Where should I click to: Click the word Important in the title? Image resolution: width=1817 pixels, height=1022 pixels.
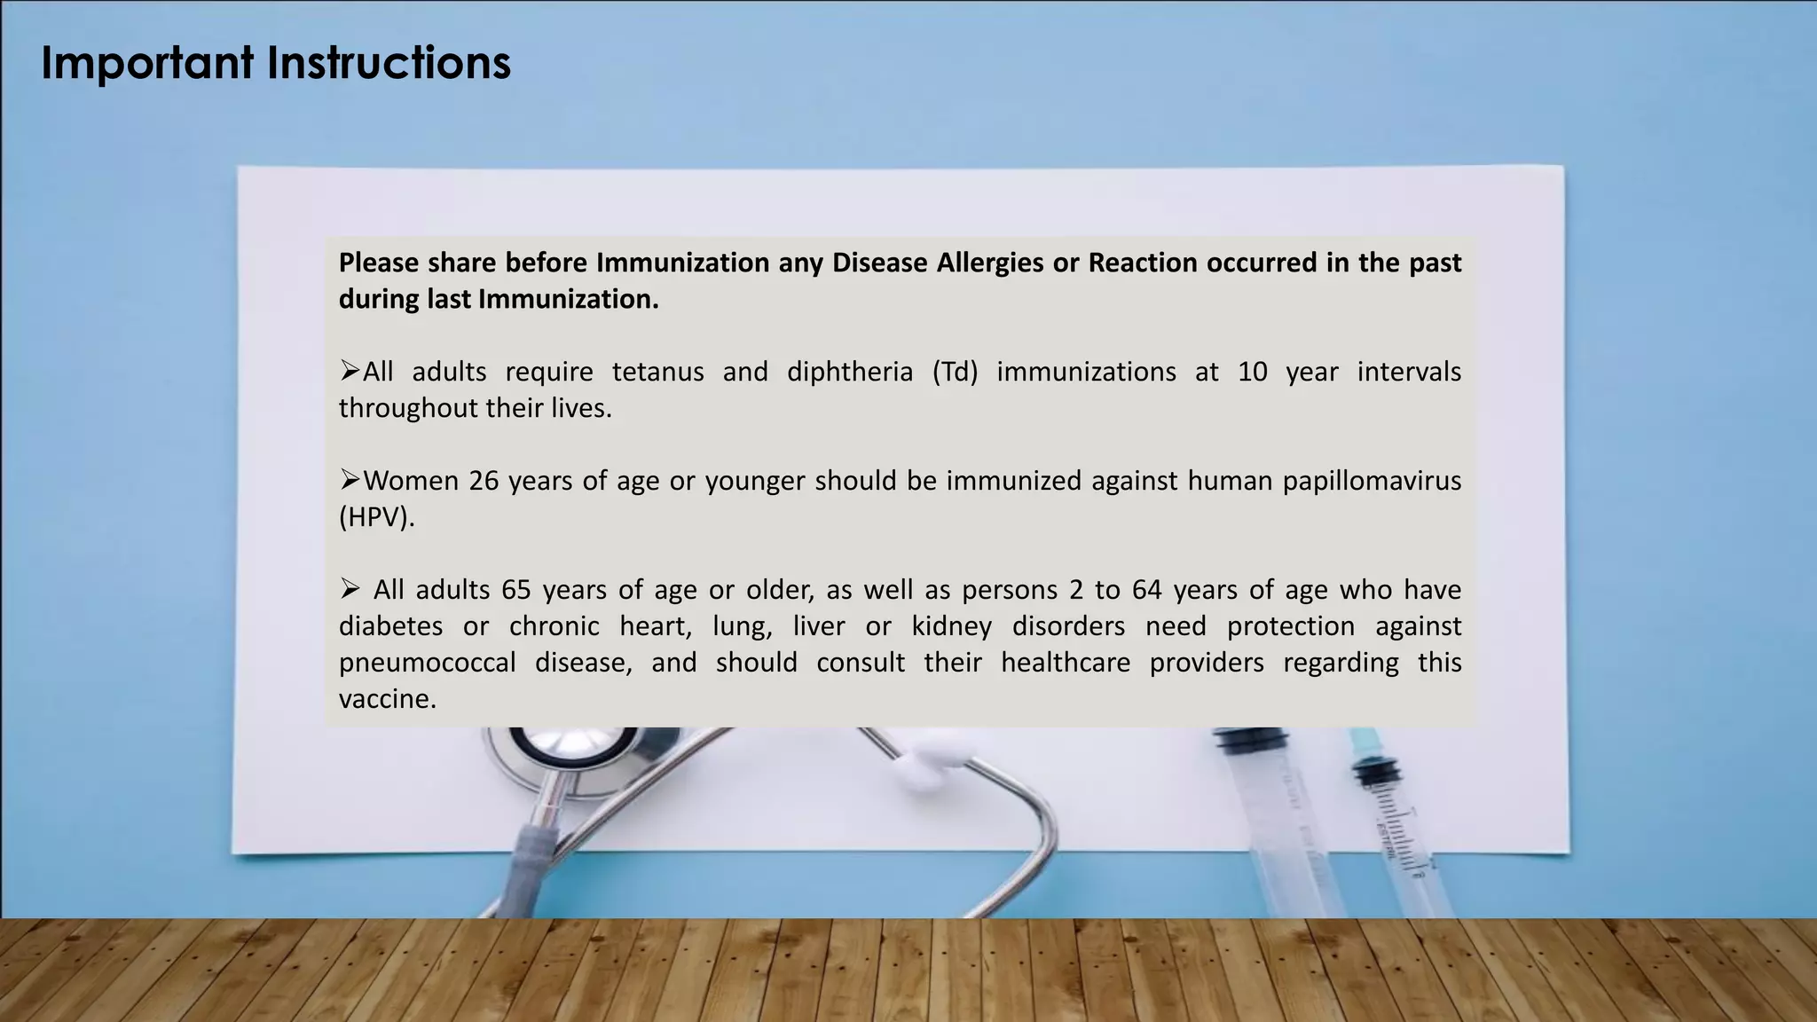coord(147,63)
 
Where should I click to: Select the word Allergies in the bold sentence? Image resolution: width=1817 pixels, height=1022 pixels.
coord(986,263)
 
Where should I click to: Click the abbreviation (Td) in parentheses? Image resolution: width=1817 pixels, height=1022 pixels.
coord(955,371)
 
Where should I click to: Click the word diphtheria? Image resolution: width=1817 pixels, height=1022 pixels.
coord(849,371)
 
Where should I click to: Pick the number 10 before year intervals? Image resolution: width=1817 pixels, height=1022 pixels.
coord(1252,371)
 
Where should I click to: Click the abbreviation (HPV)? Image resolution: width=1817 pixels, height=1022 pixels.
coord(376,516)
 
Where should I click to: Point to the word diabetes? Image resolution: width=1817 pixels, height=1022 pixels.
coord(390,625)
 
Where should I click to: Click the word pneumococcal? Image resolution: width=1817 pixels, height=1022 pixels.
coord(427,662)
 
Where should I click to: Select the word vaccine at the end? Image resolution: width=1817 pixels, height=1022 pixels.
coord(387,698)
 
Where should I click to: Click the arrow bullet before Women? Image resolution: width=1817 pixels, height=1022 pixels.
coord(350,480)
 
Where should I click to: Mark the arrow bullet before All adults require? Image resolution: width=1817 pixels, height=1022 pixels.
coord(350,371)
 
